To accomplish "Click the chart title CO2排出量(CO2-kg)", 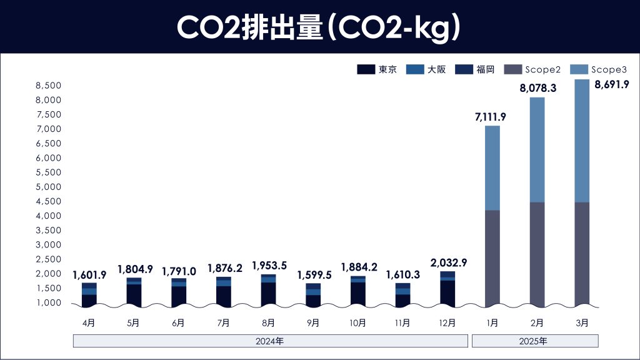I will (x=319, y=27).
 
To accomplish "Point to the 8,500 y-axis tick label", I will (x=48, y=86).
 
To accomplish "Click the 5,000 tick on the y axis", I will (x=48, y=187).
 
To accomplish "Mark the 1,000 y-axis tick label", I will (x=48, y=302).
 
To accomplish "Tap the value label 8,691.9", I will (x=611, y=84).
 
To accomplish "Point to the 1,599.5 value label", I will (x=314, y=274).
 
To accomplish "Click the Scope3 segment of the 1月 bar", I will (x=492, y=168).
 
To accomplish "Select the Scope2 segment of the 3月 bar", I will (x=581, y=254).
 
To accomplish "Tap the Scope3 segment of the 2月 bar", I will (x=537, y=150).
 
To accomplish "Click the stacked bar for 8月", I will (x=269, y=290).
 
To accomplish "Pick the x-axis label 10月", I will (x=357, y=323).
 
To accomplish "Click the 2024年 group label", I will (x=270, y=341).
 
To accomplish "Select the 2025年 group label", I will (x=535, y=341).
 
